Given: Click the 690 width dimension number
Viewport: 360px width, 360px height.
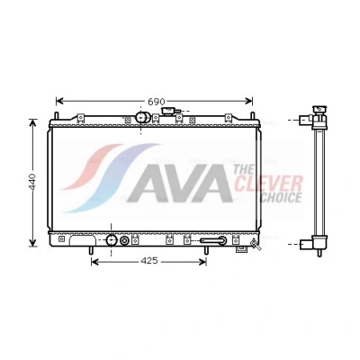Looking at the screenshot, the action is click(157, 102).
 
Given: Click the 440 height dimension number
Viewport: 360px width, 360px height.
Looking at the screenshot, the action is click(32, 182).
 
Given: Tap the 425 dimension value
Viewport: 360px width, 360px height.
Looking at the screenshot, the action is click(149, 261).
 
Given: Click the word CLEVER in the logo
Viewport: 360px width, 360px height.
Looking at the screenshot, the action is click(268, 184).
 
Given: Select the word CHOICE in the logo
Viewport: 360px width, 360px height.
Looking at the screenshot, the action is click(281, 197).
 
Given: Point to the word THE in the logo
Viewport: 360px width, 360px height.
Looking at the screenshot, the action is click(243, 169).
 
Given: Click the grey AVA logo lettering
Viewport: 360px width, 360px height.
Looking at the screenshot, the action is click(180, 184).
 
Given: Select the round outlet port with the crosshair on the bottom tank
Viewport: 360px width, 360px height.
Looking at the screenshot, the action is click(112, 240).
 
